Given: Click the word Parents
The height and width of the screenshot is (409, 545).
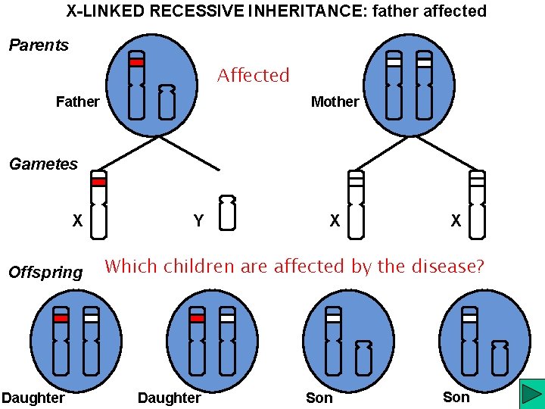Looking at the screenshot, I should [39, 45].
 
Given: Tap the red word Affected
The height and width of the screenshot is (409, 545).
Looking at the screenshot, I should [254, 76].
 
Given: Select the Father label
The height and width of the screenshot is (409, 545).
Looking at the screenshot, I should [77, 101].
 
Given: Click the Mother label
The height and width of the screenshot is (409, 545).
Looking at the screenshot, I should [335, 101].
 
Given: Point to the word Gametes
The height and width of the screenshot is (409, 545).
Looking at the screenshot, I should [43, 164].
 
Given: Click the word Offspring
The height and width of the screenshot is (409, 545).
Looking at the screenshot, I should [45, 272].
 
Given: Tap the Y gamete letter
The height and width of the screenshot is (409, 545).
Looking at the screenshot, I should [198, 221].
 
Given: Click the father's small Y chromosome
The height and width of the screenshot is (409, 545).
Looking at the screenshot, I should [167, 101].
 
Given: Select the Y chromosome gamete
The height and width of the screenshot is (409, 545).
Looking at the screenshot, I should [227, 212].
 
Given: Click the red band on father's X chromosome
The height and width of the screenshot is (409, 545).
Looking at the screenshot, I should [136, 63].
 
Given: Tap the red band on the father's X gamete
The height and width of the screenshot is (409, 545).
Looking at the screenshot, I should [98, 182].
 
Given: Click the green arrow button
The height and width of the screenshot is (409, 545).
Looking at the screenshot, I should [531, 395].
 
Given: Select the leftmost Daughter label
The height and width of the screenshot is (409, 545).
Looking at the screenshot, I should [33, 398].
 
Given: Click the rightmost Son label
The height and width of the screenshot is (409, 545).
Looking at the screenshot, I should [456, 397].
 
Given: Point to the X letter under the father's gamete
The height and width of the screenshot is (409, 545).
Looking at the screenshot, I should [77, 221].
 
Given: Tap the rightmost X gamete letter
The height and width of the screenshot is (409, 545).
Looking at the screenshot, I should [456, 221].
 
